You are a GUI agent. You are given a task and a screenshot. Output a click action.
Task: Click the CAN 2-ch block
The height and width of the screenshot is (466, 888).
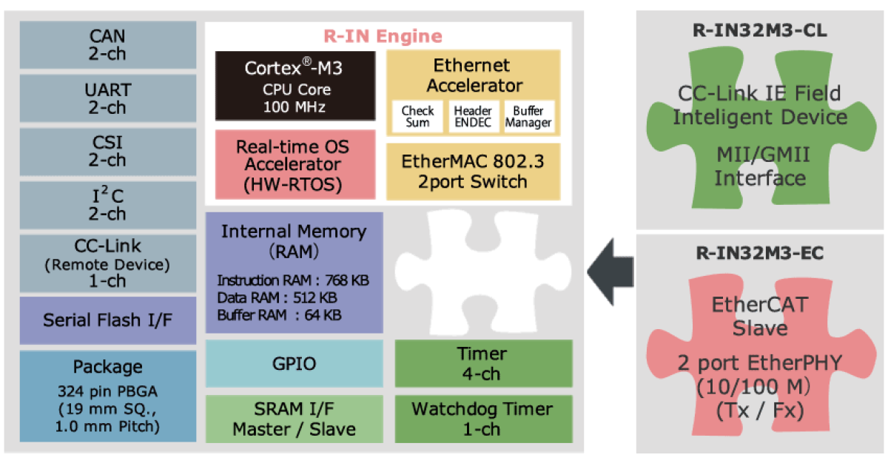(x=107, y=44)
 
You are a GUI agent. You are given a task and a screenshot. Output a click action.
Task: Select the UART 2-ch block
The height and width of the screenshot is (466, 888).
(x=107, y=98)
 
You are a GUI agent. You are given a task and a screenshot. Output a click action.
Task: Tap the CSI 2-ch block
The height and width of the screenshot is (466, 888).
(x=107, y=151)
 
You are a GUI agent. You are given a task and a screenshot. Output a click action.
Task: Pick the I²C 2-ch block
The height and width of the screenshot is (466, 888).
(x=107, y=205)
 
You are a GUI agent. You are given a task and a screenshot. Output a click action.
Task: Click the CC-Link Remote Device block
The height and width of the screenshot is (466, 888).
(x=107, y=263)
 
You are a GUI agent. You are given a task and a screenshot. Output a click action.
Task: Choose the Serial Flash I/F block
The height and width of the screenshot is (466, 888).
(x=107, y=320)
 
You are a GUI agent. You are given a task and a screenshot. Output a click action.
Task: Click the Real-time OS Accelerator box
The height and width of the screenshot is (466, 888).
(x=294, y=165)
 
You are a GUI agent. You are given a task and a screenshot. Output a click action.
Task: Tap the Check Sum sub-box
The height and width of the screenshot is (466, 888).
(x=417, y=117)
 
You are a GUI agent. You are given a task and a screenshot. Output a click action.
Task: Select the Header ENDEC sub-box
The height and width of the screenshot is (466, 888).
(x=473, y=117)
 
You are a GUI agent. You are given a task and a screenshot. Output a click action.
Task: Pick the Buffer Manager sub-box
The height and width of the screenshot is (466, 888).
(x=528, y=117)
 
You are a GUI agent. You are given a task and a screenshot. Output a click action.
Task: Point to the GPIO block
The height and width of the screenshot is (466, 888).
(x=294, y=363)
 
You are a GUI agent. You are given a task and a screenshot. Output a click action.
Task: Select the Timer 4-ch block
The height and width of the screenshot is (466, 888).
(x=484, y=363)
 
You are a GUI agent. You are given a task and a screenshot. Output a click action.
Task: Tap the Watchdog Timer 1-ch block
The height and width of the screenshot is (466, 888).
(x=484, y=419)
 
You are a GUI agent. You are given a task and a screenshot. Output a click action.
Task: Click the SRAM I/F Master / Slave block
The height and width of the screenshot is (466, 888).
(x=294, y=419)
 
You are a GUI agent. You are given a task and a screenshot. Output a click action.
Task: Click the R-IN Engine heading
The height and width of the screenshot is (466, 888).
(x=383, y=36)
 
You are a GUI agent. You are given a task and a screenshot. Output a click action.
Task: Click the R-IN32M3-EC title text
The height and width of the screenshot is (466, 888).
(x=760, y=253)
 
